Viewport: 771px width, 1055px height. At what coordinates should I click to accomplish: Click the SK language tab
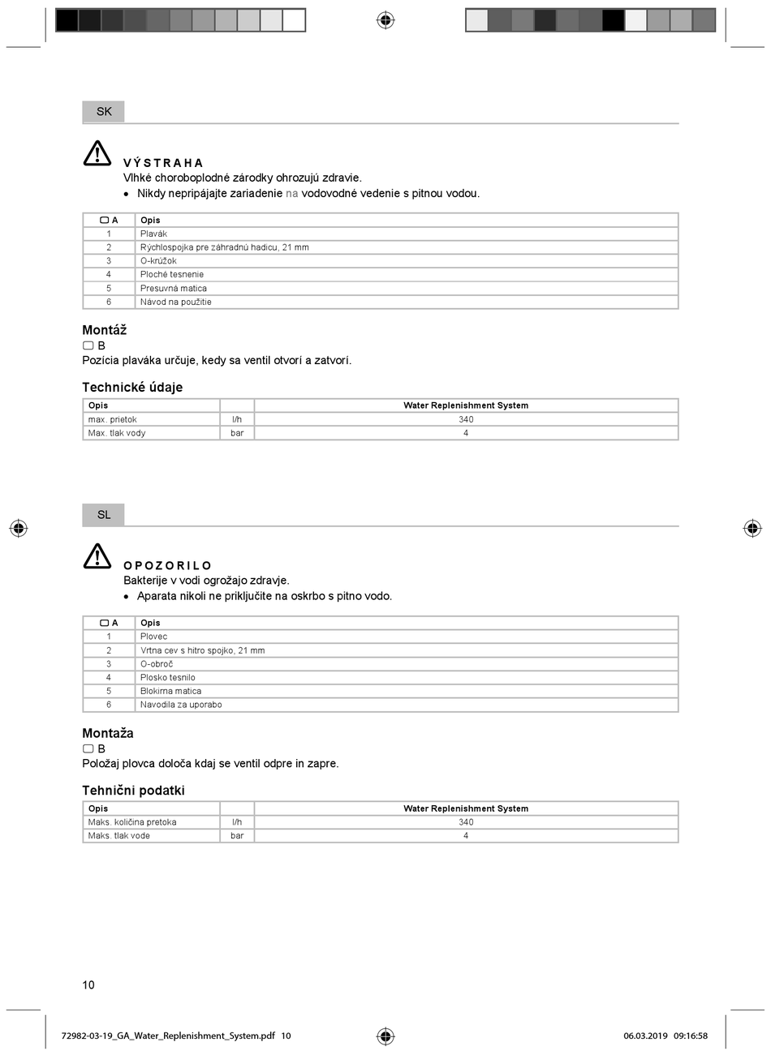click(104, 111)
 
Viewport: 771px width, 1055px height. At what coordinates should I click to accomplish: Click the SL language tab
click(104, 514)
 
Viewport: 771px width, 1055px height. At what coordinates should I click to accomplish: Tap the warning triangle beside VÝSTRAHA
click(97, 153)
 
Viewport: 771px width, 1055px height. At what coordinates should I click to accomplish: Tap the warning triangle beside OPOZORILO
click(97, 556)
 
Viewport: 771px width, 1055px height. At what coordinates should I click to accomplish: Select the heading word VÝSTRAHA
click(163, 163)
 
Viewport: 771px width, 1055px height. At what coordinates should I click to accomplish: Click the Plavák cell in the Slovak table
click(153, 234)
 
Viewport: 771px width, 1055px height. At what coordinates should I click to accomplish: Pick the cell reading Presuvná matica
click(174, 288)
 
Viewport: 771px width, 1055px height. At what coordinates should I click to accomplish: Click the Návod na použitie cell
click(176, 302)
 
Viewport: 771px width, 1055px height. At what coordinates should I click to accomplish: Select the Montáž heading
click(105, 330)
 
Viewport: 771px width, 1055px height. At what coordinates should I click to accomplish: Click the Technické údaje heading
click(132, 388)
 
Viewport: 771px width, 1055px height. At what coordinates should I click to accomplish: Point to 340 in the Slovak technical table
click(466, 419)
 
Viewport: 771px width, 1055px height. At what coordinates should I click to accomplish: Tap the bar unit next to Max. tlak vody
click(237, 433)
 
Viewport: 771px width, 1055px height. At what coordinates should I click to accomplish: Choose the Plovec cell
click(153, 637)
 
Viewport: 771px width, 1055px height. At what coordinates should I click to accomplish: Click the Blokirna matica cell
click(170, 691)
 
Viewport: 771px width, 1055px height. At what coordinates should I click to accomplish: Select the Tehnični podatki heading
click(133, 791)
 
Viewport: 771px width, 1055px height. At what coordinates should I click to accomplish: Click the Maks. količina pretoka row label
click(132, 822)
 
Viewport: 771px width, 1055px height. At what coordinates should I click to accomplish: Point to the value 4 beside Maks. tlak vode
click(466, 836)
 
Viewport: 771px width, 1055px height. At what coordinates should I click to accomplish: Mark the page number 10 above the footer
click(88, 985)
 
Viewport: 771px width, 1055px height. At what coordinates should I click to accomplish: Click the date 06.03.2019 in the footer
click(645, 1036)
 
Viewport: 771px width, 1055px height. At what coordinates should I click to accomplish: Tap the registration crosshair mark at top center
click(385, 19)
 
